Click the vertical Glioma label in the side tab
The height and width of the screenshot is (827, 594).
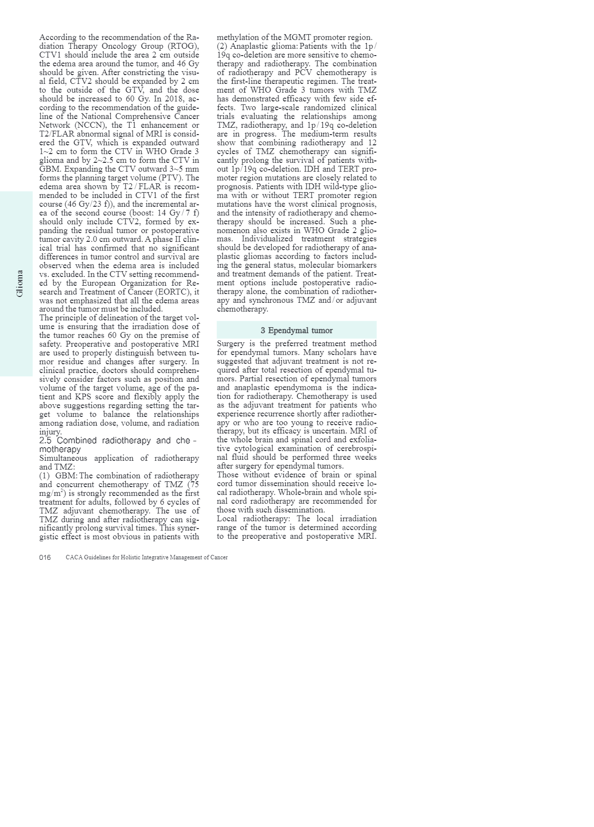point(20,283)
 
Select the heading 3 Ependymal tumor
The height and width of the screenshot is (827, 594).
point(297,330)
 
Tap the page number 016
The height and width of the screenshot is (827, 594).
point(45,557)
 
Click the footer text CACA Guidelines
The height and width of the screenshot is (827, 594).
point(147,557)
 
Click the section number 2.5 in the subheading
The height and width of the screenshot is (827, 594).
point(45,440)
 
